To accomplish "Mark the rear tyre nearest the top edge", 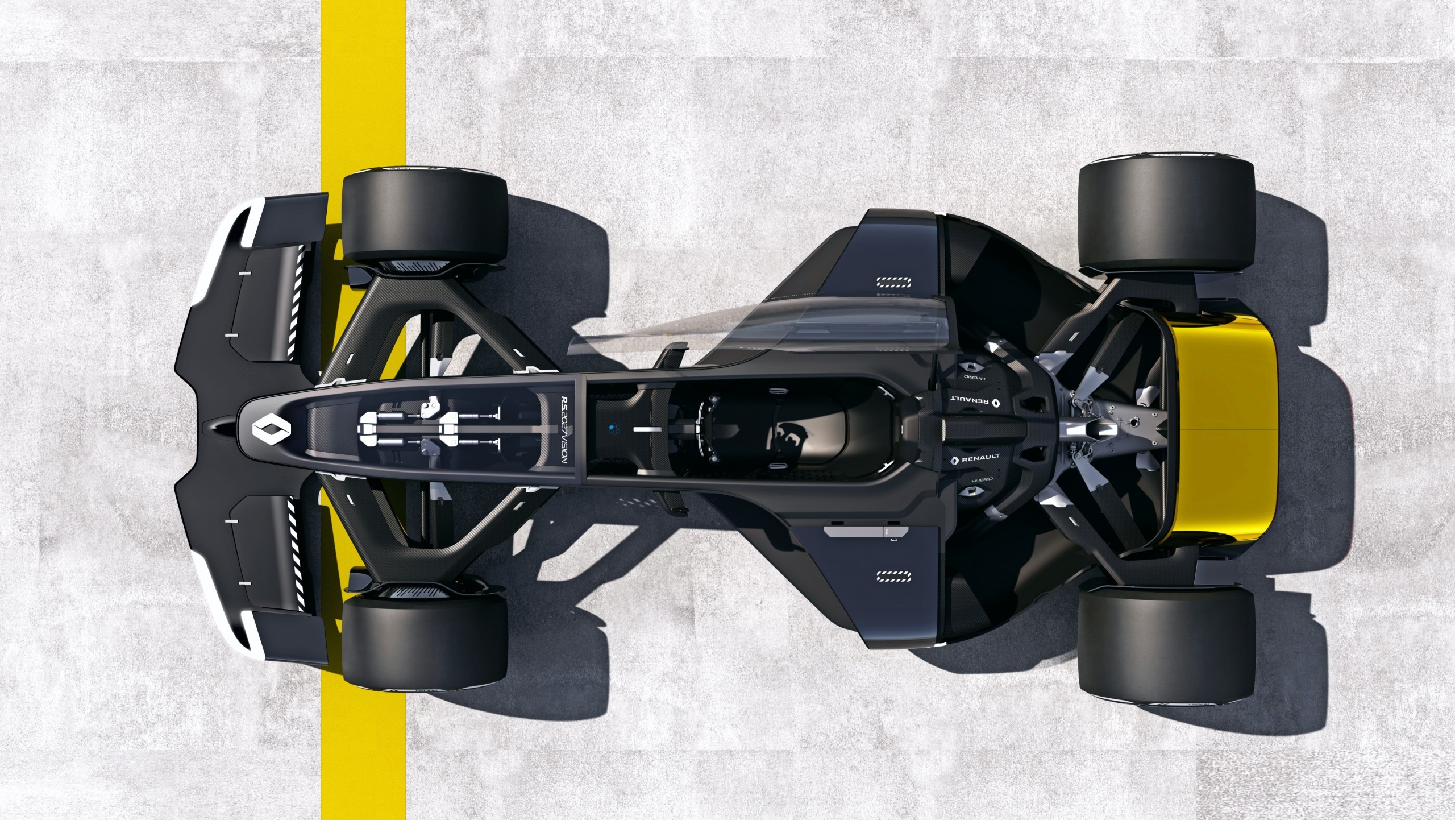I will (1166, 215).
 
